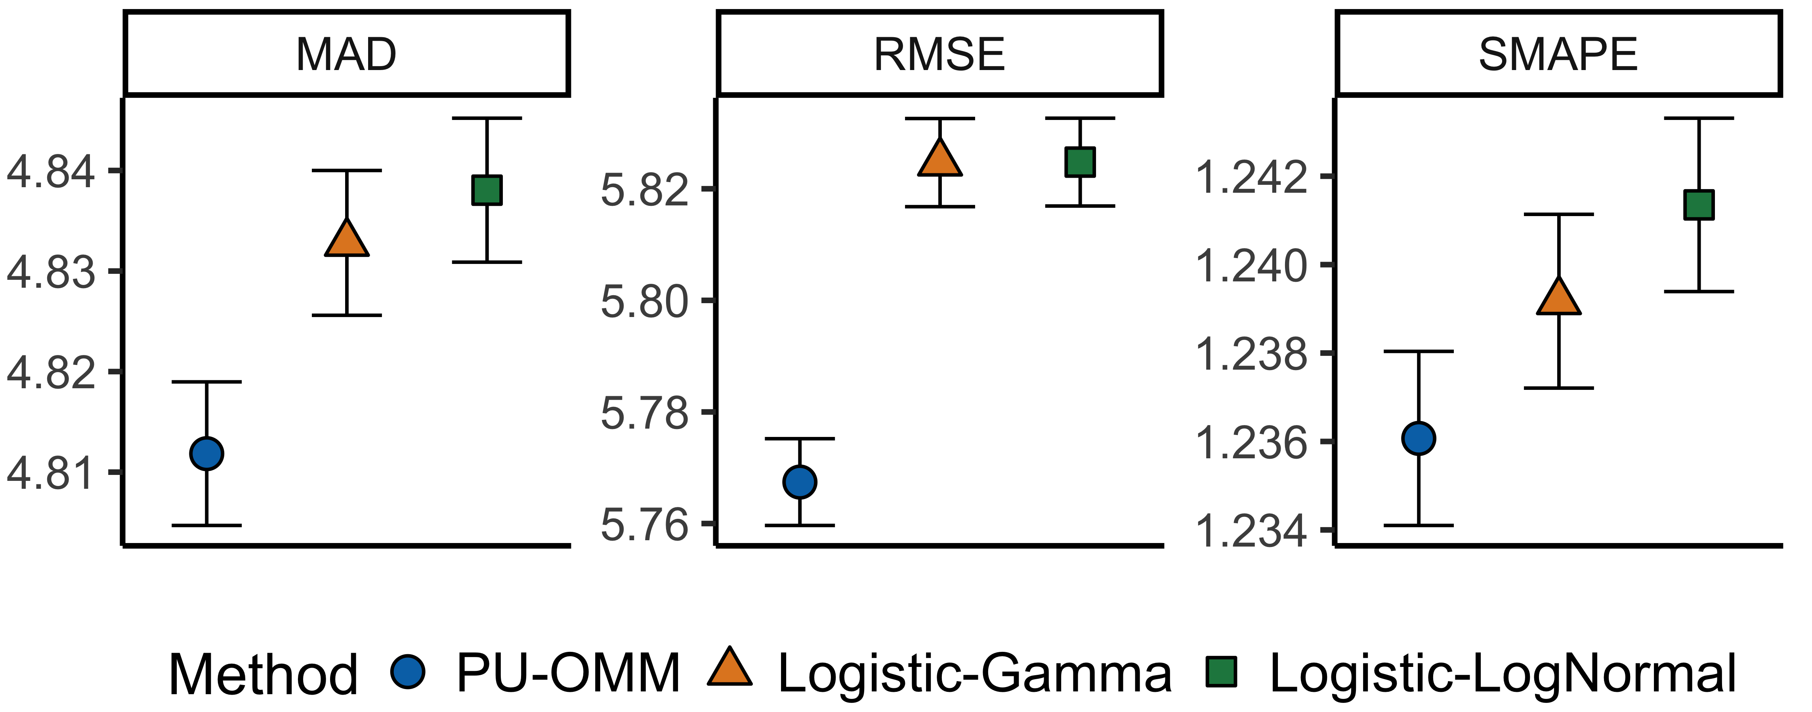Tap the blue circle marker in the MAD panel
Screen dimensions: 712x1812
(207, 453)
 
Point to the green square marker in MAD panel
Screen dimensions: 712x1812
(487, 190)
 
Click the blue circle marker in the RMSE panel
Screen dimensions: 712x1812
(799, 482)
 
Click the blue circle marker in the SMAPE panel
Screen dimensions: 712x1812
(1419, 439)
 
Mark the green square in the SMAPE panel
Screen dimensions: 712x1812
(1699, 205)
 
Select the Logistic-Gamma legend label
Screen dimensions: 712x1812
(975, 673)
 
